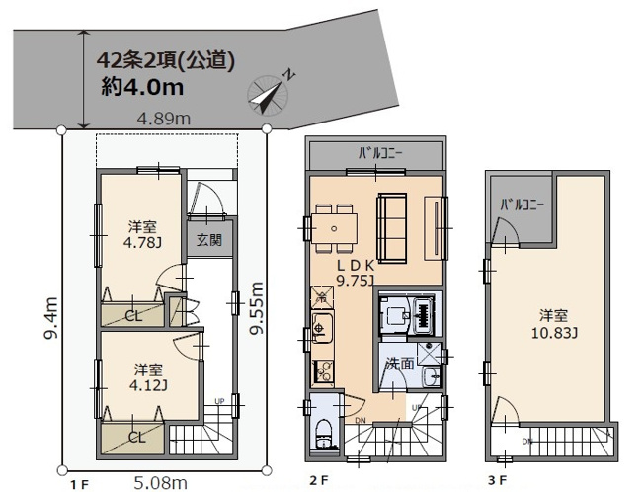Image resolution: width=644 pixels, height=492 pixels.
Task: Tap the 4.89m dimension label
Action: point(164,119)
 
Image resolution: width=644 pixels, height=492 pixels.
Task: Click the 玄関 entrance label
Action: point(208,239)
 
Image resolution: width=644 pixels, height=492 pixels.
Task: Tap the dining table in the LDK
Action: point(335,226)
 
